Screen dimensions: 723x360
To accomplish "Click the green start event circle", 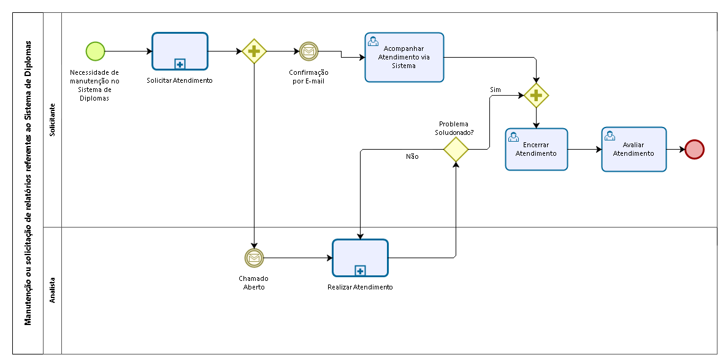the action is (96, 51).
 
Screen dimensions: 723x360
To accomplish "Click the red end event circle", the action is (694, 150).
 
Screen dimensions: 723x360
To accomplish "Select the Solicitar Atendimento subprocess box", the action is (180, 51).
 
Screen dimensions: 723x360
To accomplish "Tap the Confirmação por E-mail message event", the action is (309, 51).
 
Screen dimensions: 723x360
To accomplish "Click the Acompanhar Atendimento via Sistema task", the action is (404, 57).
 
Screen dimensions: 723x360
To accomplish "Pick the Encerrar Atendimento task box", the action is (536, 150).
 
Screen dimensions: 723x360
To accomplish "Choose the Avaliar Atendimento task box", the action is (634, 150).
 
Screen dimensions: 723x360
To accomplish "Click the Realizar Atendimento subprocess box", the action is (360, 258).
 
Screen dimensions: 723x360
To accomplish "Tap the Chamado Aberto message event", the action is (254, 258).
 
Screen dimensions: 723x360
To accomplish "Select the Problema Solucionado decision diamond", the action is (456, 150).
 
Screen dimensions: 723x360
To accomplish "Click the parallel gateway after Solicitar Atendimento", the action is (254, 51).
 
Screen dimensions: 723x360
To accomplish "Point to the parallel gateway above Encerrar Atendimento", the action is (536, 96).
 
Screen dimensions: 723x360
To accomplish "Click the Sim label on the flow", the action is (495, 90).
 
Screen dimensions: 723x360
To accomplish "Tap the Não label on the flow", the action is (412, 156).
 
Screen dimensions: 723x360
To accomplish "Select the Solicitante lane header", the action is (52, 120).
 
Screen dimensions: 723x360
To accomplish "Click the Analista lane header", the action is (52, 290).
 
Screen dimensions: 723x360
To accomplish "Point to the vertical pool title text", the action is (28, 183).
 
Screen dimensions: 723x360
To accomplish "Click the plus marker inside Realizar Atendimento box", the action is (360, 271).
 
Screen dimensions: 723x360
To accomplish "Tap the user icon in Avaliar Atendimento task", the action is (610, 136).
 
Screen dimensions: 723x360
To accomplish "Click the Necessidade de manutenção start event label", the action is (94, 85).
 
